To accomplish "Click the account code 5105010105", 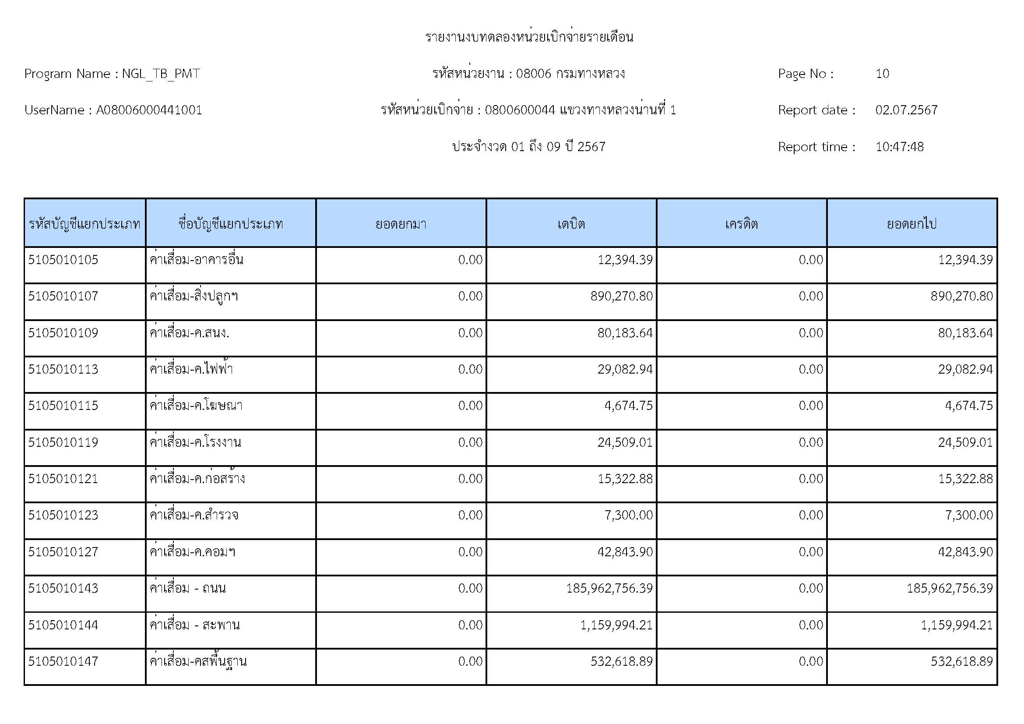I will click(63, 260).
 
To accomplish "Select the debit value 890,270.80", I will click(621, 296).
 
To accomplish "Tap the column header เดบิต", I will click(571, 223).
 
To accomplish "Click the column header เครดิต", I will click(741, 223).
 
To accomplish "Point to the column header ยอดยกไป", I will click(911, 223).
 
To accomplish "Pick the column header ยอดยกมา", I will click(401, 223).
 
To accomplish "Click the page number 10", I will click(882, 74).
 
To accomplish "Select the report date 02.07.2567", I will click(906, 110).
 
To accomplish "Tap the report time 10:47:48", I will click(899, 147).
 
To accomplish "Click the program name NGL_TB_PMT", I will click(161, 74).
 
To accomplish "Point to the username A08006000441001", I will click(149, 110).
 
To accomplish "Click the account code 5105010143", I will click(63, 588).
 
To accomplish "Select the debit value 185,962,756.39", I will click(609, 588).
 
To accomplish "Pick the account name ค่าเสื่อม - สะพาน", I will click(194, 625).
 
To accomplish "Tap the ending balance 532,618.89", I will click(961, 661).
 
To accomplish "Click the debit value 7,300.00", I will click(628, 515).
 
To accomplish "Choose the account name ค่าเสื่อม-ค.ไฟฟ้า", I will click(191, 369).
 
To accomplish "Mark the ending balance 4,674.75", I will click(969, 406).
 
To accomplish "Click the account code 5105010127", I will click(63, 552).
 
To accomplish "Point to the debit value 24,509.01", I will click(625, 442).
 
